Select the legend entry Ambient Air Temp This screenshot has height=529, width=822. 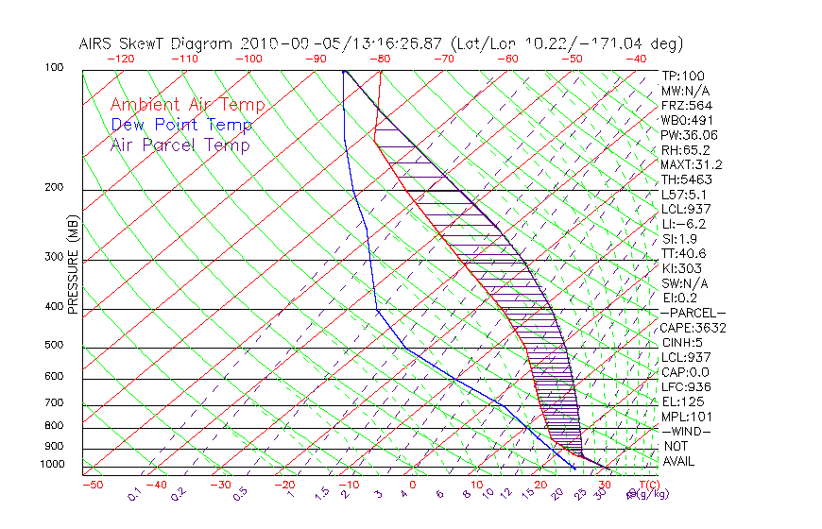click(187, 106)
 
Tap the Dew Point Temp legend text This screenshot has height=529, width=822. click(181, 126)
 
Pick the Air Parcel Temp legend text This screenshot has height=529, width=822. click(180, 145)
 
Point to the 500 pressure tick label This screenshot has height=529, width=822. click(53, 346)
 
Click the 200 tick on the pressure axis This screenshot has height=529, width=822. click(53, 187)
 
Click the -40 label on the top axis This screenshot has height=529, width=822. click(636, 59)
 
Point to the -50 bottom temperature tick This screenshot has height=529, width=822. click(92, 485)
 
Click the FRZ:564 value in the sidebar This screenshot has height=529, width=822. click(685, 106)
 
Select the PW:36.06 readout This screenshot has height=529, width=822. click(689, 135)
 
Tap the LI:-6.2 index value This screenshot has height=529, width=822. click(683, 224)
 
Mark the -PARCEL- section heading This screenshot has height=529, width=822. click(693, 313)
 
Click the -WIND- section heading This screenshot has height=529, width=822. click(686, 431)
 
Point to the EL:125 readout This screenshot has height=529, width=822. click(682, 401)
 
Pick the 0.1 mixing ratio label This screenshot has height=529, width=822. click(134, 492)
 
